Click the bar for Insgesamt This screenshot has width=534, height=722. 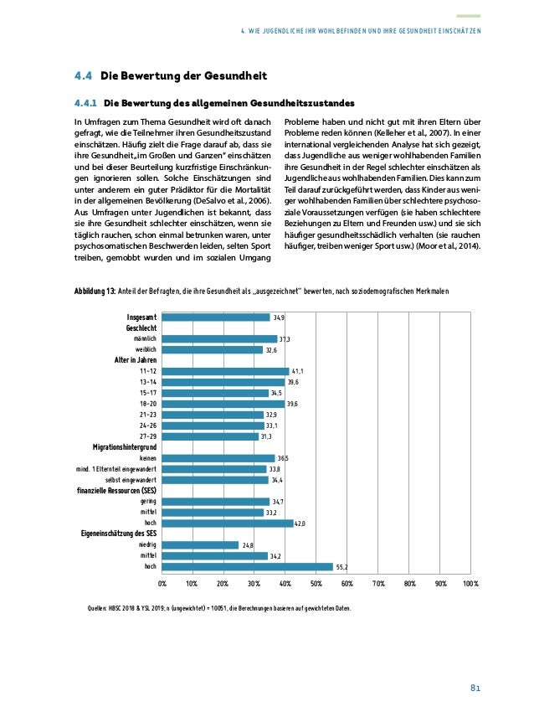pos(216,317)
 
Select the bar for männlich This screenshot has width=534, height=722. pos(219,339)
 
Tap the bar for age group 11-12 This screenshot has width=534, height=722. pos(225,371)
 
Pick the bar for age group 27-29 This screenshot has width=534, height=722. pos(210,436)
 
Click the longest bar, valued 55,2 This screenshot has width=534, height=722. pos(247,566)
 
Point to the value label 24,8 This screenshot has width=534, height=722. pos(248,545)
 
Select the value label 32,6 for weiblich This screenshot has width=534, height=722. pos(272,350)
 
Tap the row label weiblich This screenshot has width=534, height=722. pos(146,350)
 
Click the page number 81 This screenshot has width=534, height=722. pos(474,688)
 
